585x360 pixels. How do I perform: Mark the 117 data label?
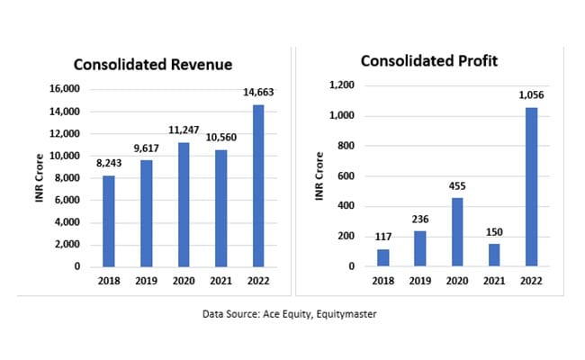382,235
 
